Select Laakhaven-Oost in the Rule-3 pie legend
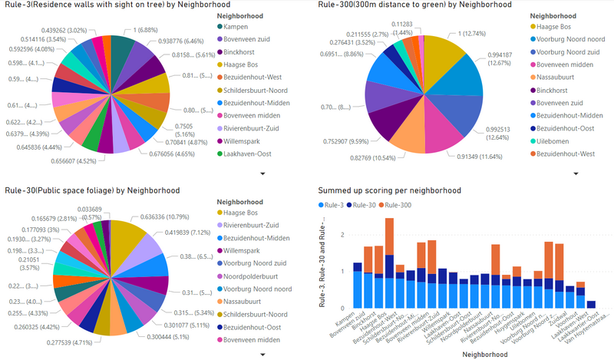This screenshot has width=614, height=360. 241,154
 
